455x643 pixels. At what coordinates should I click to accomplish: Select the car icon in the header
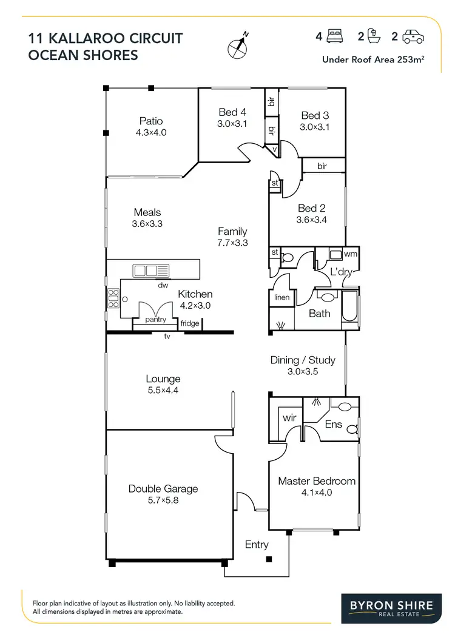[413, 38]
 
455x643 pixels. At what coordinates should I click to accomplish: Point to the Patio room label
[151, 121]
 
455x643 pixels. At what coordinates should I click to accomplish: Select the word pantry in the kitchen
[156, 319]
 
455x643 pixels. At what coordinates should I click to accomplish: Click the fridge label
[190, 323]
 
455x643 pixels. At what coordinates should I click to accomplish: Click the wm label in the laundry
[350, 254]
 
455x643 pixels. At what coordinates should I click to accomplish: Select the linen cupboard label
[281, 298]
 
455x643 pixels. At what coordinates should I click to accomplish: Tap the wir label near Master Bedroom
[289, 418]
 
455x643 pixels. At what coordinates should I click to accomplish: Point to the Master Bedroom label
[317, 481]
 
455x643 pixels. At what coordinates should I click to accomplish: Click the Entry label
[257, 545]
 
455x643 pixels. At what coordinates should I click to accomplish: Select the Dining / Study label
[303, 360]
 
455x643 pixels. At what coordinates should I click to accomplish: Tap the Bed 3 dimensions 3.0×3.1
[314, 127]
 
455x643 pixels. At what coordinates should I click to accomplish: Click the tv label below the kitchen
[166, 336]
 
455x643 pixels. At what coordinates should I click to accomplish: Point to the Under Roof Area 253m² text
[373, 59]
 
